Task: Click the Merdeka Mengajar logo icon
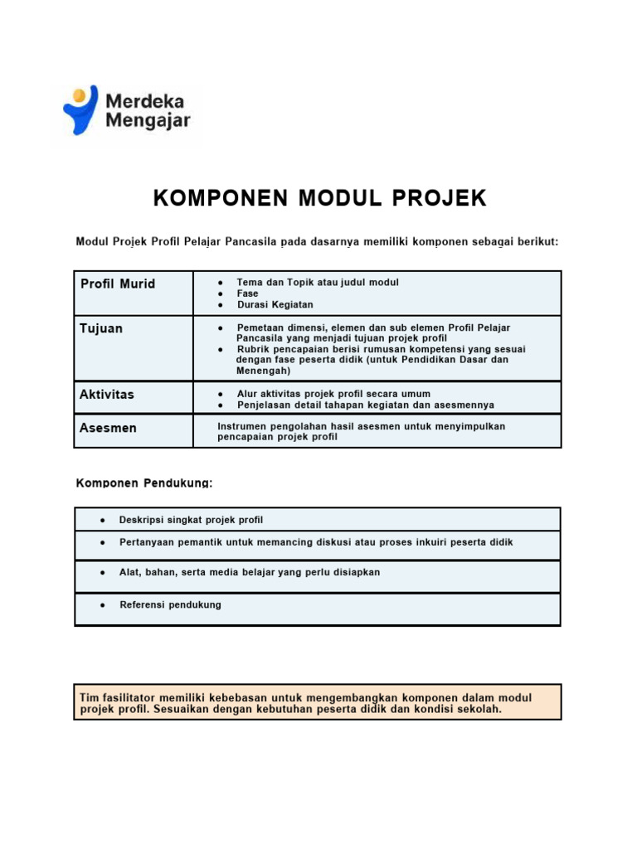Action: [x=80, y=109]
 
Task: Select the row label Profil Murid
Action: [x=118, y=284]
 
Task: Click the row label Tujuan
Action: [x=101, y=328]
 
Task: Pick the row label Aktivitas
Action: [x=107, y=395]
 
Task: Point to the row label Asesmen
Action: [x=109, y=428]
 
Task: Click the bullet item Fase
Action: [x=247, y=294]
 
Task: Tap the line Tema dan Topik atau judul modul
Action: [x=318, y=283]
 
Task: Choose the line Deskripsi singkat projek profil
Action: [x=191, y=520]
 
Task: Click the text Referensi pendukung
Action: [x=171, y=605]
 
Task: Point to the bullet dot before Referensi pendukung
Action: [x=101, y=605]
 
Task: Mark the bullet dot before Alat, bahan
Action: [x=101, y=573]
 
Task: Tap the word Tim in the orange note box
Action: [x=89, y=698]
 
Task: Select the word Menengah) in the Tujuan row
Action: [x=263, y=371]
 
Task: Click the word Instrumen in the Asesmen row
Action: [x=244, y=426]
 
